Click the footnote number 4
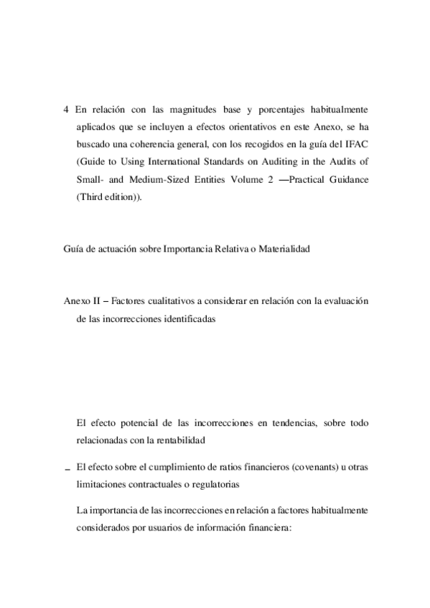pos(67,110)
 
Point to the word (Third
pos(90,196)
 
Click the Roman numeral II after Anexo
pos(94,301)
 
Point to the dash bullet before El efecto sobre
pos(67,468)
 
